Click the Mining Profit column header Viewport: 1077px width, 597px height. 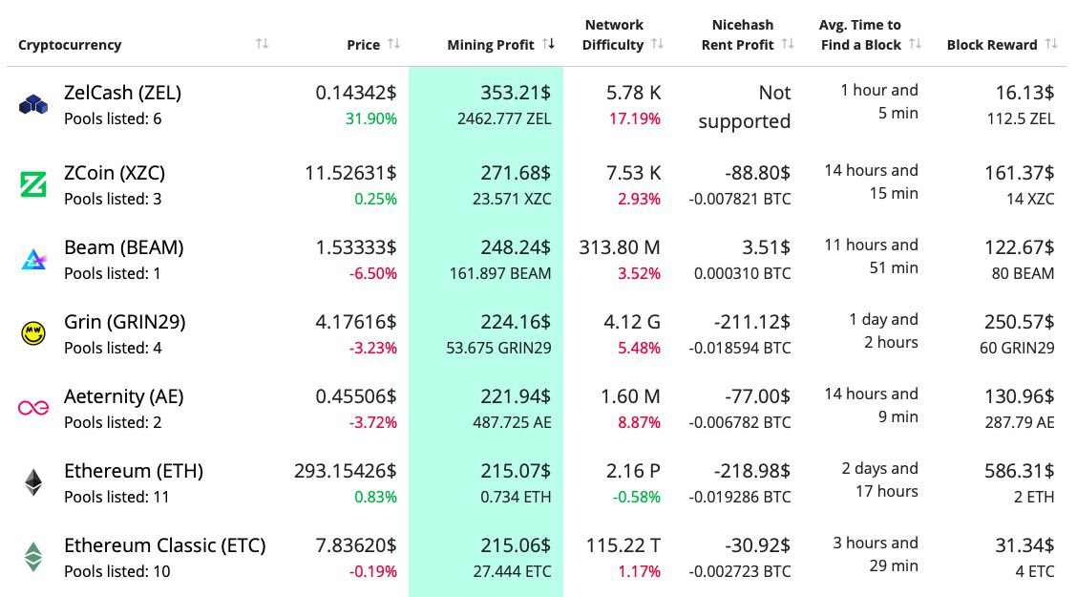491,45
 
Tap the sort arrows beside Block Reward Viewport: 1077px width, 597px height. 1051,44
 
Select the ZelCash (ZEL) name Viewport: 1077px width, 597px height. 122,93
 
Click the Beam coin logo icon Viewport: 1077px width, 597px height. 33,259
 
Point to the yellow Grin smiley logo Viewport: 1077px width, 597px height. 33,333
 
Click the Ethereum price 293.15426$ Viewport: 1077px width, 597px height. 345,471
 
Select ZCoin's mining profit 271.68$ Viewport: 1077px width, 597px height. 516,173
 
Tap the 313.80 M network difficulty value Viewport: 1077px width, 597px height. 620,247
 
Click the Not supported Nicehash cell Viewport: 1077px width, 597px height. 745,107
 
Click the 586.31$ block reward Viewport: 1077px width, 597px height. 1019,471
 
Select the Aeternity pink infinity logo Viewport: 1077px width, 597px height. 33,408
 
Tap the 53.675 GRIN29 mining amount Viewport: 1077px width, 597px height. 498,348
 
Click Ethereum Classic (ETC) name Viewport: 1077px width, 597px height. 165,545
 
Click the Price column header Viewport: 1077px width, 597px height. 364,45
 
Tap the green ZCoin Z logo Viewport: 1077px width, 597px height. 33,183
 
